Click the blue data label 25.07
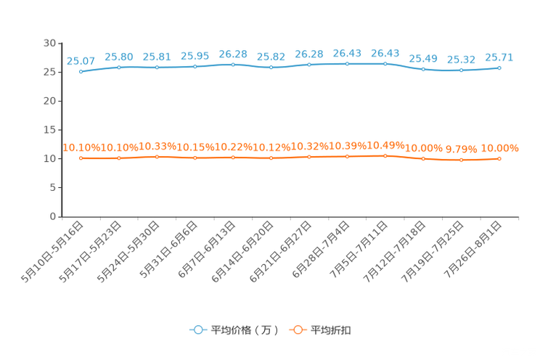81,61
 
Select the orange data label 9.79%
462,150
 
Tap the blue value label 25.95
195,56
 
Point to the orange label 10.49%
385,145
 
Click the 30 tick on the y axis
49,43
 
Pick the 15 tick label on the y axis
49,130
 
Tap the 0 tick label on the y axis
53,216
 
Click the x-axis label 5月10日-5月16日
52,252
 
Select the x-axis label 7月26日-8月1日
472,250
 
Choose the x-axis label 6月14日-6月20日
242,252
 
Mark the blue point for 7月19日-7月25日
462,70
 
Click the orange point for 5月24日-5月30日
157,157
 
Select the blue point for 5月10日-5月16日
81,72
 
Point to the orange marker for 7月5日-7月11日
385,156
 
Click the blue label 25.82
271,57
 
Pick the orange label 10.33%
157,147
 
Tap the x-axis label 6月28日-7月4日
321,250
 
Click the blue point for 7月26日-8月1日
499,68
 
